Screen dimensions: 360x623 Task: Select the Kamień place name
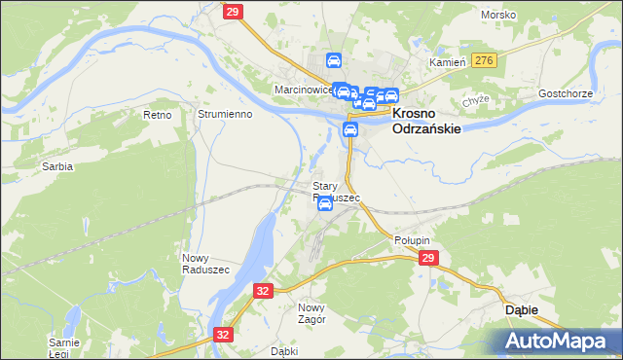[x=450, y=61]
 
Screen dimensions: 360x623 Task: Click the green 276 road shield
[x=484, y=61]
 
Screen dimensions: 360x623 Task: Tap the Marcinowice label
[x=303, y=90]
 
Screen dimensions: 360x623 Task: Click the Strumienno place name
[x=225, y=114]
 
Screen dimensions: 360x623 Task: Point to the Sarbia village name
[x=57, y=166]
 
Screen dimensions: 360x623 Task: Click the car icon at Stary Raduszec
[x=325, y=204]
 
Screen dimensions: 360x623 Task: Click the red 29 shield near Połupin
[x=428, y=258]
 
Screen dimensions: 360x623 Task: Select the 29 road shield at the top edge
[x=232, y=11]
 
